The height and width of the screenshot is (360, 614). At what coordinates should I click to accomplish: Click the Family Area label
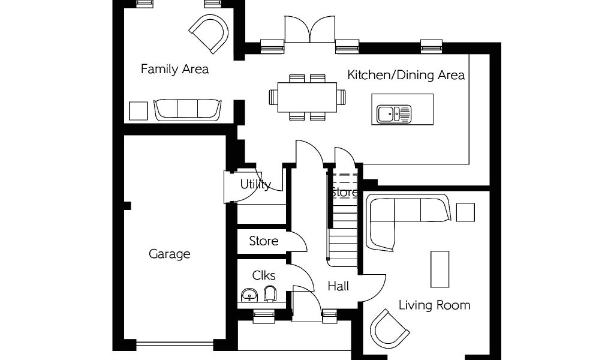tap(174, 70)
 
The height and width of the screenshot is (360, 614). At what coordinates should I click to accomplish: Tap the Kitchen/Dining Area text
tap(406, 75)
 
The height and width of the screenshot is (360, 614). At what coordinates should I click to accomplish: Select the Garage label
tap(170, 254)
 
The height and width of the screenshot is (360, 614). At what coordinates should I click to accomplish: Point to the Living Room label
tap(435, 305)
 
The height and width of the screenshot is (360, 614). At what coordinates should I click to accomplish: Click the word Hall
tap(338, 286)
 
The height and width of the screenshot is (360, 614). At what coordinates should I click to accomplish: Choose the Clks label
tap(264, 275)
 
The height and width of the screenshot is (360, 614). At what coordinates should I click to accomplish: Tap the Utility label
tap(255, 184)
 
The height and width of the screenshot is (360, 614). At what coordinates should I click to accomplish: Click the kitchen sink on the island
tap(394, 113)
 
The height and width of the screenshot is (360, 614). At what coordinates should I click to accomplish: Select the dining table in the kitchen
tap(308, 97)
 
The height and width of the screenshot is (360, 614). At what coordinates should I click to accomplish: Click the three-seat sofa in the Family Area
tap(188, 110)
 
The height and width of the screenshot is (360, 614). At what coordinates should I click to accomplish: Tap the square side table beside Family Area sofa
tap(139, 111)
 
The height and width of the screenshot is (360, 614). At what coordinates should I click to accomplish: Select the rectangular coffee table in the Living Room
tap(440, 269)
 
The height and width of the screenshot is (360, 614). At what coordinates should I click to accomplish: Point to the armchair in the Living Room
tap(390, 329)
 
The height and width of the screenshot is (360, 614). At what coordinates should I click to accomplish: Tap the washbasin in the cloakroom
tap(249, 295)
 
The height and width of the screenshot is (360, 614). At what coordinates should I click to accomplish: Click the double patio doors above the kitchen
tap(310, 29)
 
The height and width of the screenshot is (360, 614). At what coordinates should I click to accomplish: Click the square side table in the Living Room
tap(465, 212)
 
